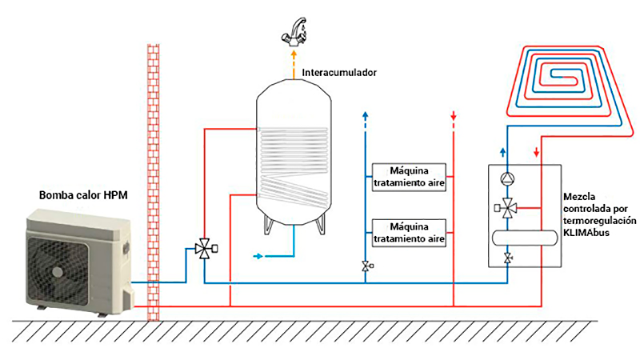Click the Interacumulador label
point(338,72)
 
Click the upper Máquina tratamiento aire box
point(410,176)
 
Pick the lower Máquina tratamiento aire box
point(410,232)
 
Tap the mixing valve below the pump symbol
point(506,208)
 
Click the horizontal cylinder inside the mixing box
point(523,237)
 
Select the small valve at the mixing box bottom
point(506,258)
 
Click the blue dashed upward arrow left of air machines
point(364,118)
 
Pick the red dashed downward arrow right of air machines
point(454,118)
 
